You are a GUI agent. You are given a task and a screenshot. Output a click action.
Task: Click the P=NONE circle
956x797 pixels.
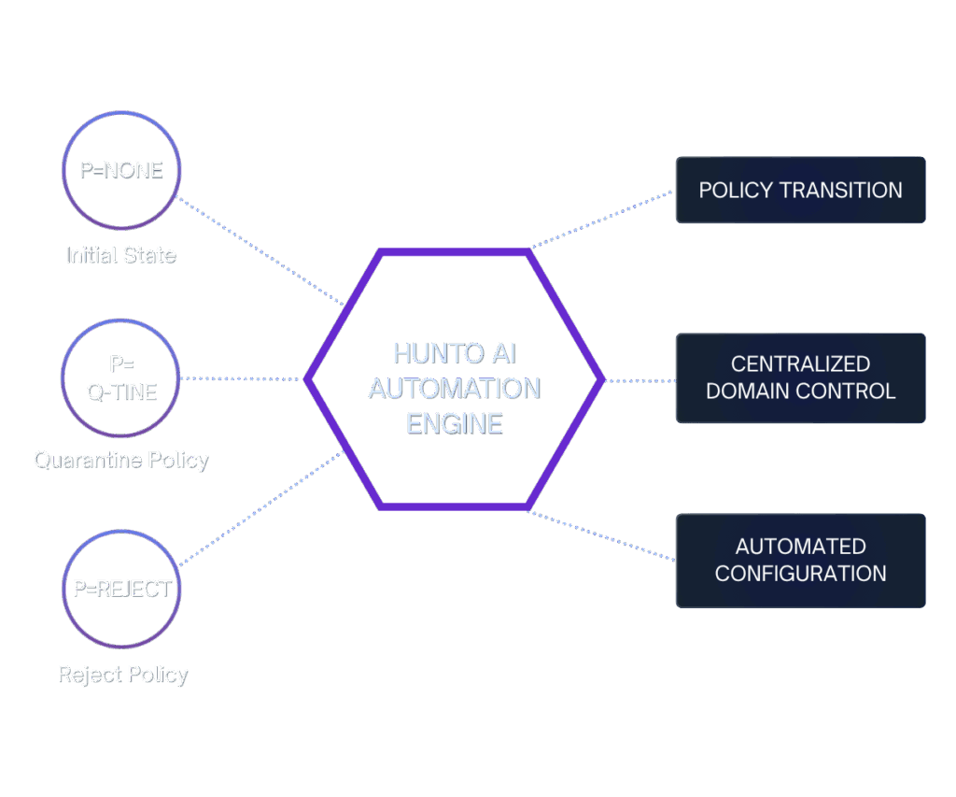pos(120,170)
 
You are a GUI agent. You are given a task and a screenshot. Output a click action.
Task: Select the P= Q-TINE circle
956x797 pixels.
pos(120,378)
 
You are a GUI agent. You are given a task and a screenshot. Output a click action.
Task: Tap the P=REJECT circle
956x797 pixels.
pos(121,589)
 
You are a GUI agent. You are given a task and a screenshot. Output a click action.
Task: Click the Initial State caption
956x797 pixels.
pos(121,254)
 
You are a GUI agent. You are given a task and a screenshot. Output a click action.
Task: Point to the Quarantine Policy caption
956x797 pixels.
pos(121,460)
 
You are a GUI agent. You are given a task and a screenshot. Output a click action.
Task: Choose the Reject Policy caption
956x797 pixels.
pos(123,675)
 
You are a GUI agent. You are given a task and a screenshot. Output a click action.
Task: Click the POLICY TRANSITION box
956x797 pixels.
pos(800,190)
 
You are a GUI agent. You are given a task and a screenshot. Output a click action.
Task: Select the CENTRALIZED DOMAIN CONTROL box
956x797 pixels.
pos(800,377)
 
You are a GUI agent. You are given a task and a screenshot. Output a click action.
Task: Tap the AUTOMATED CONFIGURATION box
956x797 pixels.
pos(800,560)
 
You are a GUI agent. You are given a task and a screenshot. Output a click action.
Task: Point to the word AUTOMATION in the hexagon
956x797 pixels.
pos(455,389)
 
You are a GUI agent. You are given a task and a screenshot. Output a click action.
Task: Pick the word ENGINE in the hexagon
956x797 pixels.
pos(455,423)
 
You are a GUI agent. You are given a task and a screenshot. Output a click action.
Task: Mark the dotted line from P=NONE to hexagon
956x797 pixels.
pos(261,252)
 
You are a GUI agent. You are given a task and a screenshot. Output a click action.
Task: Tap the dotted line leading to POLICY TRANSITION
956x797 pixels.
pos(602,221)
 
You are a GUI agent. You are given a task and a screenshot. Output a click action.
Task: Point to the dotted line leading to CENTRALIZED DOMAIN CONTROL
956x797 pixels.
pos(640,380)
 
